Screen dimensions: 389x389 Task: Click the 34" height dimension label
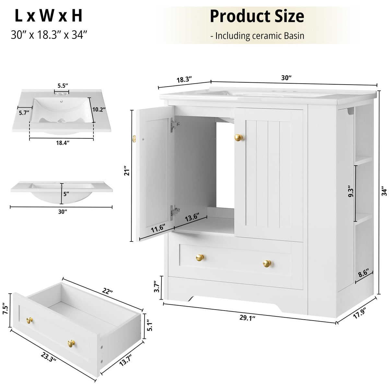(x=385, y=192)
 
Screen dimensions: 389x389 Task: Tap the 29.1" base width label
(x=247, y=318)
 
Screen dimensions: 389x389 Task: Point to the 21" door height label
(x=127, y=171)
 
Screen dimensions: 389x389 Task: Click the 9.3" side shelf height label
(x=351, y=192)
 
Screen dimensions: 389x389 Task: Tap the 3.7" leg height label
(x=157, y=286)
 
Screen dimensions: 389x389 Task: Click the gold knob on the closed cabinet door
(x=238, y=138)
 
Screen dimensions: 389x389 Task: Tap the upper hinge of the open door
(x=174, y=125)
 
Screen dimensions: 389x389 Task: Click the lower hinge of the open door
(x=174, y=212)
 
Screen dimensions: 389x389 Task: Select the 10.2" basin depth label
(x=99, y=110)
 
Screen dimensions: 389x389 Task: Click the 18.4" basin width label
(x=63, y=143)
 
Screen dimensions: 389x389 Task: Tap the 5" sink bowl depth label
(x=66, y=194)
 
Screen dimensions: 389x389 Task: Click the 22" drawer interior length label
(x=107, y=291)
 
